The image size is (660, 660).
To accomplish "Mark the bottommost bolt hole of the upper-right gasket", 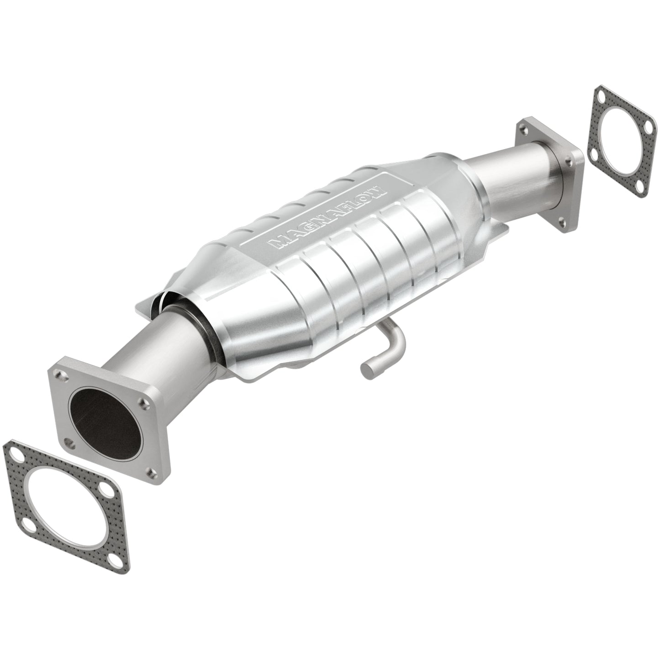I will pyautogui.click(x=643, y=187).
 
